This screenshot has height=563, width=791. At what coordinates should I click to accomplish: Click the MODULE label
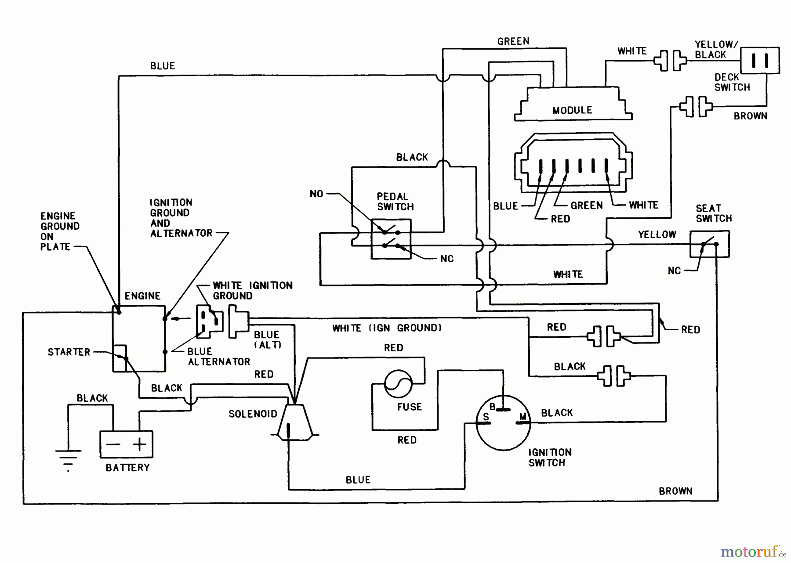click(x=572, y=110)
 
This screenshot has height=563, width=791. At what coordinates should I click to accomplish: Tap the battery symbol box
click(x=127, y=444)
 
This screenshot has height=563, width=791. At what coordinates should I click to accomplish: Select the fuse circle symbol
click(x=398, y=384)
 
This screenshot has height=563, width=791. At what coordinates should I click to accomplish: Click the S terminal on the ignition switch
click(x=486, y=417)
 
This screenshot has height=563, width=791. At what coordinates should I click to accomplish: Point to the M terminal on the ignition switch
click(x=523, y=416)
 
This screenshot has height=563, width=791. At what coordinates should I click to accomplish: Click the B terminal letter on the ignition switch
click(x=493, y=407)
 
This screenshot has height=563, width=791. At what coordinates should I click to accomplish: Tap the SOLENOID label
click(x=253, y=414)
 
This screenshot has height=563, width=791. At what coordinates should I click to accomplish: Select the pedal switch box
click(x=391, y=239)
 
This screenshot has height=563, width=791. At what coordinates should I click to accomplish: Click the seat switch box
click(x=709, y=244)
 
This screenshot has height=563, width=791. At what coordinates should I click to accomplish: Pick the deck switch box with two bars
click(x=760, y=60)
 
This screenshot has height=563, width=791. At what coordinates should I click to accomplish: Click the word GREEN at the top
click(x=513, y=41)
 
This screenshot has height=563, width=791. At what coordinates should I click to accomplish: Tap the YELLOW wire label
click(x=657, y=235)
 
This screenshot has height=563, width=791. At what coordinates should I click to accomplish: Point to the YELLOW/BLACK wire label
click(x=716, y=50)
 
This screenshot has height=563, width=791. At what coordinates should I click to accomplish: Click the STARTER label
click(x=69, y=352)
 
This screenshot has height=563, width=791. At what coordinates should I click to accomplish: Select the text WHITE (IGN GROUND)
click(x=387, y=328)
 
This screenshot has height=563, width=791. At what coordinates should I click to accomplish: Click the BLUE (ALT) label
click(x=267, y=340)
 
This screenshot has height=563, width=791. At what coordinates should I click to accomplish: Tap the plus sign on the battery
click(x=140, y=444)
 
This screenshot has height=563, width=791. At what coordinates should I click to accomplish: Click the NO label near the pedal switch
click(x=316, y=194)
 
